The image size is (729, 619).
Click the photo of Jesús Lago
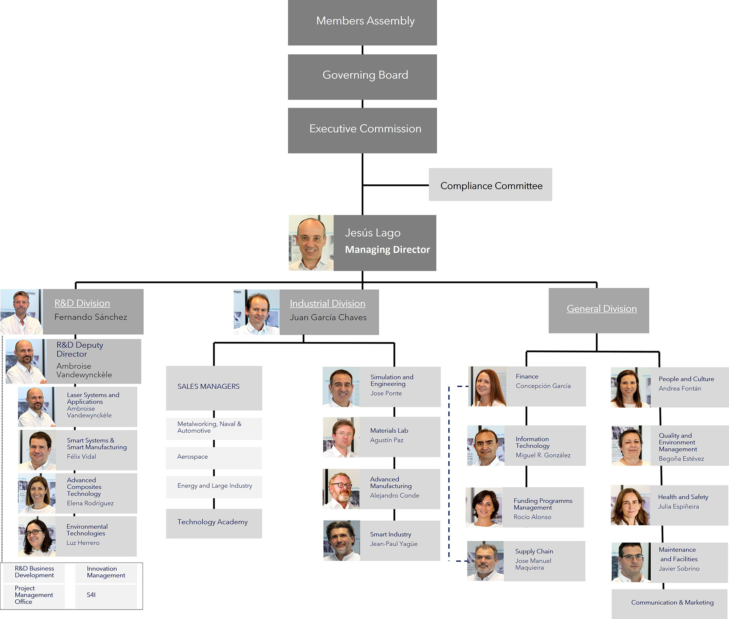click(311, 243)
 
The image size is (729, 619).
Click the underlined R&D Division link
click(82, 303)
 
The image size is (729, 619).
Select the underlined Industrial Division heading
click(327, 304)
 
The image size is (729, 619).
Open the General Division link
click(601, 309)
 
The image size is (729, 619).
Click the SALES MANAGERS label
click(208, 386)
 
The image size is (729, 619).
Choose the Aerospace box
click(214, 457)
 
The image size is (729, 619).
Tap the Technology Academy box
click(214, 522)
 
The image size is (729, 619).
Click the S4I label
click(91, 595)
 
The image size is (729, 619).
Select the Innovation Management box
click(106, 572)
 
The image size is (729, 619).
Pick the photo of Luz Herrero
click(37, 536)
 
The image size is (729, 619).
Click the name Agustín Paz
click(387, 440)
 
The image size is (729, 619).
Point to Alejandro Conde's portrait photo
click(341, 489)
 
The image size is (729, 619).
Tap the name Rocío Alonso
click(532, 517)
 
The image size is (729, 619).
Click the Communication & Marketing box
click(672, 603)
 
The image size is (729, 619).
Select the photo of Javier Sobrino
click(631, 562)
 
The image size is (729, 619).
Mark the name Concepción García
click(543, 386)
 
